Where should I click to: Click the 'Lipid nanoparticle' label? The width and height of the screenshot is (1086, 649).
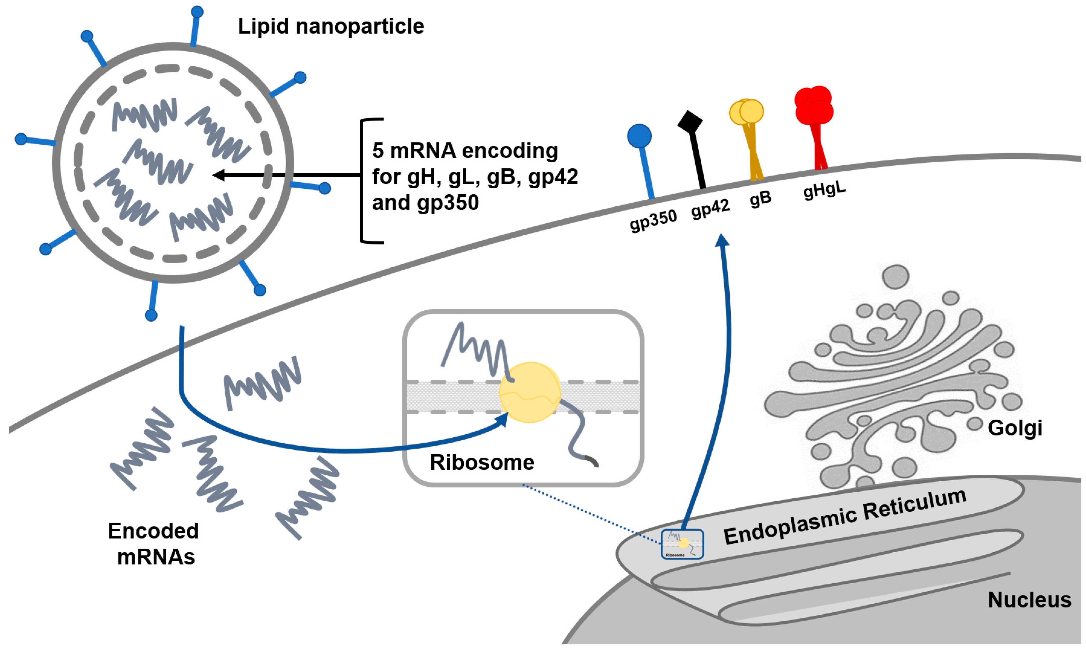[331, 26]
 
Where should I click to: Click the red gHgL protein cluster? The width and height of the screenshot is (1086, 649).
[813, 105]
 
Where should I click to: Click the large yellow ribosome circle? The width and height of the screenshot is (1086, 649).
[530, 392]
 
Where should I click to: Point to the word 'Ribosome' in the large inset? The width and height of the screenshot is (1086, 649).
[482, 462]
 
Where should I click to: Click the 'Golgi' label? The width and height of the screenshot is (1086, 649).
[1015, 428]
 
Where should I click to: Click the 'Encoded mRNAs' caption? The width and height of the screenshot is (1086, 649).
[154, 544]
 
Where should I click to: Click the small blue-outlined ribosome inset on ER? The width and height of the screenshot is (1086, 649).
[682, 544]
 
